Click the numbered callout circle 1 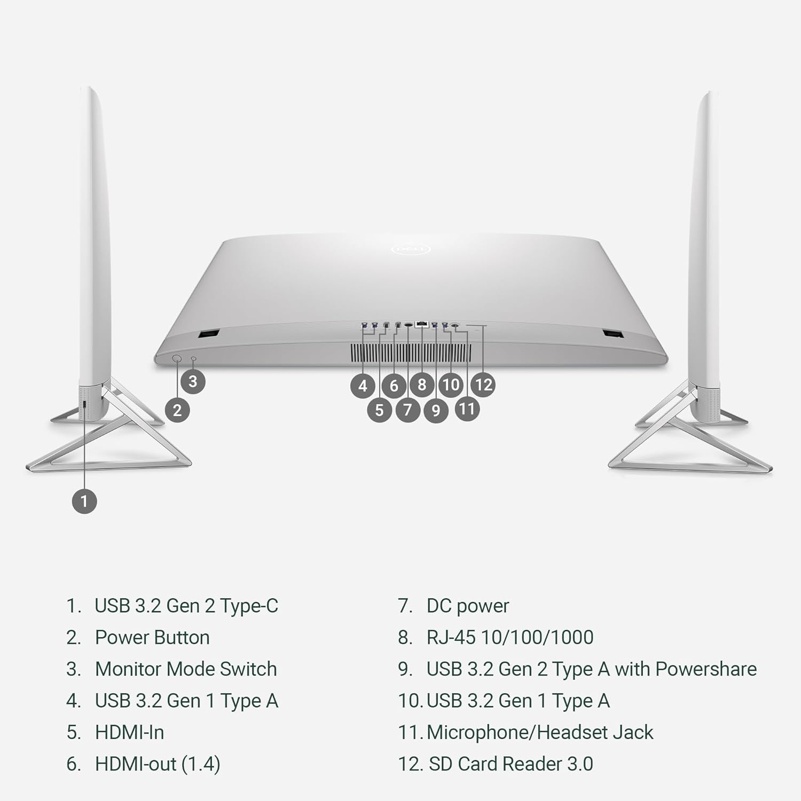pos(84,501)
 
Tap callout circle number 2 pos(177,410)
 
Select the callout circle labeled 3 pos(193,381)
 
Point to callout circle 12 pos(483,384)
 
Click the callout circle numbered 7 pos(407,410)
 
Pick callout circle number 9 pos(436,410)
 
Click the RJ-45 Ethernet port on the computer pos(422,324)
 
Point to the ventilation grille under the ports pos(411,352)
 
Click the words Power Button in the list pos(152,637)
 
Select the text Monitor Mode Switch pos(186,669)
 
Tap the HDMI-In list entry pos(129,732)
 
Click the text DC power pos(468,606)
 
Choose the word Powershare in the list pos(706,669)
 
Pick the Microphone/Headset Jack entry pos(540,732)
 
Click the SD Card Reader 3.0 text pos(511,764)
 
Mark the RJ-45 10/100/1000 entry pos(510,637)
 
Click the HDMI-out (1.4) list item pos(158,764)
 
